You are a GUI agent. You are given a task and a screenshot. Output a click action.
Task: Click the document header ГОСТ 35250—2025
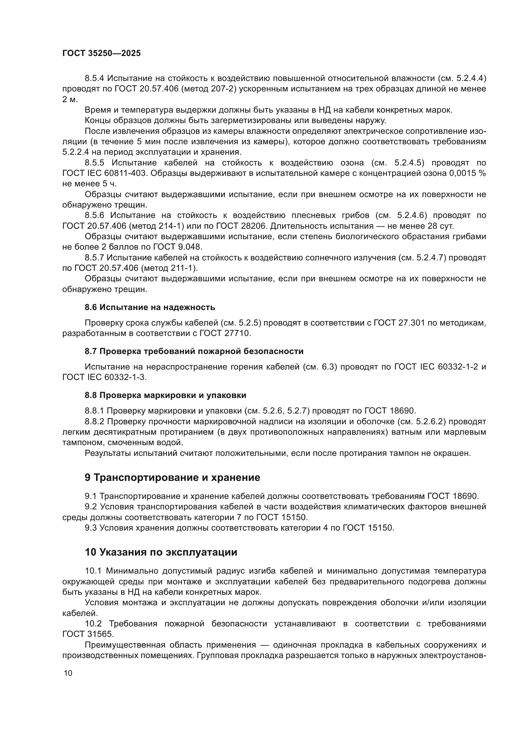coord(101,53)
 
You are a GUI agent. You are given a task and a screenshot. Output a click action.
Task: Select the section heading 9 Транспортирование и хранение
coord(172,478)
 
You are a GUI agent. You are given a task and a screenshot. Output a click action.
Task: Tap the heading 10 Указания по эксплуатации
coord(161,552)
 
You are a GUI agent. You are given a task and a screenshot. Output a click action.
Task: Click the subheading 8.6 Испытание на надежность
coord(150,307)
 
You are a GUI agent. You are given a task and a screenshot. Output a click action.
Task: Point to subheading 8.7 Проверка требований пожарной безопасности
coord(194,351)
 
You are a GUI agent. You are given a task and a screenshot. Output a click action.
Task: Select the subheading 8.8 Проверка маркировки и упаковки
coord(165,395)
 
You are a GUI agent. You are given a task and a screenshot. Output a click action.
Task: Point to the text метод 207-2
coord(209,89)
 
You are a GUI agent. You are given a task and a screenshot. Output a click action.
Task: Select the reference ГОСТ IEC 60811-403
coord(105,173)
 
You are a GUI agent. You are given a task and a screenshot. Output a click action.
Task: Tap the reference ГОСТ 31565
coord(88,634)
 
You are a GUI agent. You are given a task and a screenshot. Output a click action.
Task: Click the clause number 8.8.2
coord(94,421)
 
